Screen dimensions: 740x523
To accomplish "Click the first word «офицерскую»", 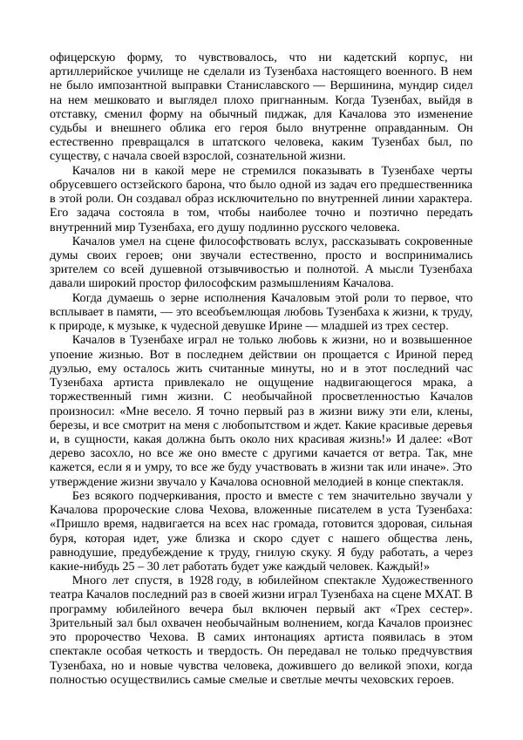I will click(87, 58).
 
